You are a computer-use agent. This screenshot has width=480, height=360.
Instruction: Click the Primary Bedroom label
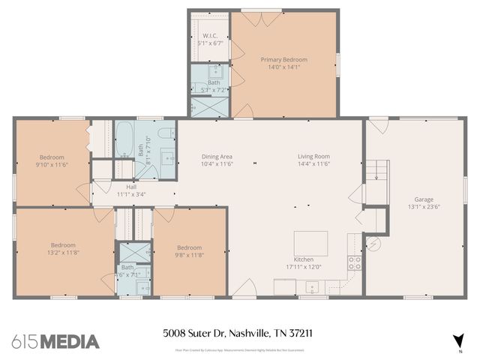coord(283,59)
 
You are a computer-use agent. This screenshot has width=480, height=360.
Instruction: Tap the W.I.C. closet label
coord(209,36)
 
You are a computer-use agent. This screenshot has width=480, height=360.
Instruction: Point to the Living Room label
coord(314,156)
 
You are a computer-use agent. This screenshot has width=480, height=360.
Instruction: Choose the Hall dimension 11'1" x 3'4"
coord(130,193)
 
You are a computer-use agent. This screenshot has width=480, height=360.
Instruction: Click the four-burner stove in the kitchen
coord(355,262)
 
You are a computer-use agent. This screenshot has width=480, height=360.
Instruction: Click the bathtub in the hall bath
coord(124,139)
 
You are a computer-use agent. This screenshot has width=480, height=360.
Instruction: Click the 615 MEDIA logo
coord(55,341)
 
